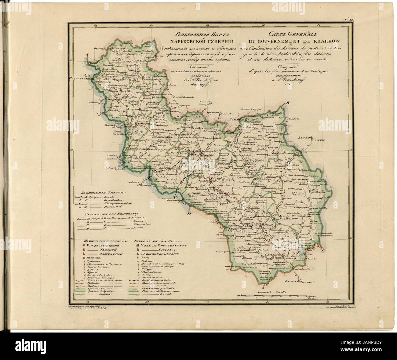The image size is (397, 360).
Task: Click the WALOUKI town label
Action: click(x=320, y=142)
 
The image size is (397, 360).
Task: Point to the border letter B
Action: click(x=287, y=104)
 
